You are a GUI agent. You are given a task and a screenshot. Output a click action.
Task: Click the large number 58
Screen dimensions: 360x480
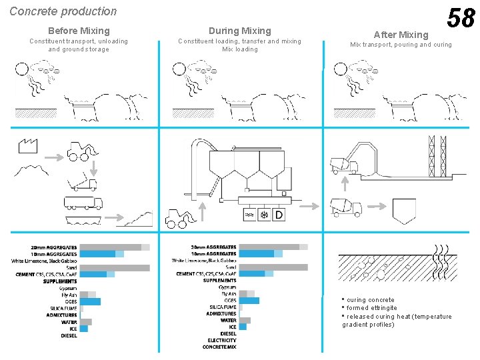tap(461, 18)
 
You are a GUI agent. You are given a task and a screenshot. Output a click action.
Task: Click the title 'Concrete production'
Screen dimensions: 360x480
tap(63, 11)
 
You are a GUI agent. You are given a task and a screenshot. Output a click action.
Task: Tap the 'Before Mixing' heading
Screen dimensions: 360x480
tap(79, 31)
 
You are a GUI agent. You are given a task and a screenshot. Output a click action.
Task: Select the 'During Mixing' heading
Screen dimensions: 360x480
tap(240, 31)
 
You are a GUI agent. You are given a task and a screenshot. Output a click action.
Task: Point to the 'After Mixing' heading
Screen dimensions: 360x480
tap(401, 35)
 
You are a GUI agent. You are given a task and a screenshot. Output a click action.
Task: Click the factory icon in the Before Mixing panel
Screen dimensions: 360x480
tap(27, 146)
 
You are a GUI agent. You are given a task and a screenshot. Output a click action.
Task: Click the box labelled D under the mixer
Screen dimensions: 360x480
tap(279, 215)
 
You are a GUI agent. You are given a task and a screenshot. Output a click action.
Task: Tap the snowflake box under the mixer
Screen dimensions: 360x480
tap(263, 215)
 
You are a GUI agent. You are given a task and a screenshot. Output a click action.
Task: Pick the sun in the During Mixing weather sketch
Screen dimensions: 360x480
tap(179, 68)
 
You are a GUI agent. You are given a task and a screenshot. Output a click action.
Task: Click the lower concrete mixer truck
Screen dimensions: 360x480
tap(346, 208)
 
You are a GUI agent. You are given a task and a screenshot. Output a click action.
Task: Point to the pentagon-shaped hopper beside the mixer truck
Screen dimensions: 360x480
tap(404, 211)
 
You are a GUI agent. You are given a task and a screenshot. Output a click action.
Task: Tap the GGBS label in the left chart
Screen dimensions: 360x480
tap(69, 301)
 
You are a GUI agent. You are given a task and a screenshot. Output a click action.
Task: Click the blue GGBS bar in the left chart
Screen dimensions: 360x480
tap(90, 301)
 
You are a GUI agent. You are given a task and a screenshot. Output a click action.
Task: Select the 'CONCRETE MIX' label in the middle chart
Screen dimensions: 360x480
tap(219, 347)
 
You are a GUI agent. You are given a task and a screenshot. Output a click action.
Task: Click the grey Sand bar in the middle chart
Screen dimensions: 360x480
tap(273, 267)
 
